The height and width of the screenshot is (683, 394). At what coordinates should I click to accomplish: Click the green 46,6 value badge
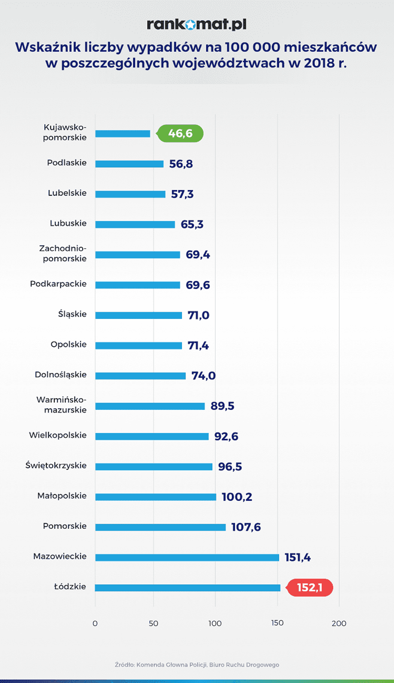(x=180, y=133)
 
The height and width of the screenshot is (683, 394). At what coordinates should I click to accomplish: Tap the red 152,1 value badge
(x=310, y=588)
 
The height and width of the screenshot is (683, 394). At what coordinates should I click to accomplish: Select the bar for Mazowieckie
(x=187, y=557)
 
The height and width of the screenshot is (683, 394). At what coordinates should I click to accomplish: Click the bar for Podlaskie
(x=129, y=164)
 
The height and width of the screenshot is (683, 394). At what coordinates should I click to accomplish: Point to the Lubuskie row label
(x=68, y=223)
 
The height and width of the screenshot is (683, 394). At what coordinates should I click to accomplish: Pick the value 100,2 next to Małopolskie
(x=237, y=497)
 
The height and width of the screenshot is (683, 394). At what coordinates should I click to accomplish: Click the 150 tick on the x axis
(x=277, y=623)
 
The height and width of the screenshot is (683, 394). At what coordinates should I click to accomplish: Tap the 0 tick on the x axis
(x=95, y=623)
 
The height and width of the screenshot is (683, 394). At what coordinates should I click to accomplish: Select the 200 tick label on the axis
(x=339, y=623)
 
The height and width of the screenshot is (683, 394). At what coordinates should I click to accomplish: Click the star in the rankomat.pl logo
(x=190, y=25)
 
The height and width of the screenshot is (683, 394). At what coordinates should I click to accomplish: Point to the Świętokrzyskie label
(x=56, y=465)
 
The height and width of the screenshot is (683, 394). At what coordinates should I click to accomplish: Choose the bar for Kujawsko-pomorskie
(x=123, y=134)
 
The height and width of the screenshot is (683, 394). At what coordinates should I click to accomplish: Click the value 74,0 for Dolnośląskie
(x=204, y=375)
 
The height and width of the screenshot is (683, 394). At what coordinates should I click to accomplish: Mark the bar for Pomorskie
(x=160, y=527)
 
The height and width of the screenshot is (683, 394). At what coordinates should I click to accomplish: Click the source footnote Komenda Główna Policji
(x=197, y=665)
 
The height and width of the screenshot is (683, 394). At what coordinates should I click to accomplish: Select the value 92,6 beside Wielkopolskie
(x=226, y=436)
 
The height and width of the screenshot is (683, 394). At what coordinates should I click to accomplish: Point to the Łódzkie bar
(x=188, y=588)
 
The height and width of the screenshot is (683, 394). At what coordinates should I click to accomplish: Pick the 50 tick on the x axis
(x=153, y=623)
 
